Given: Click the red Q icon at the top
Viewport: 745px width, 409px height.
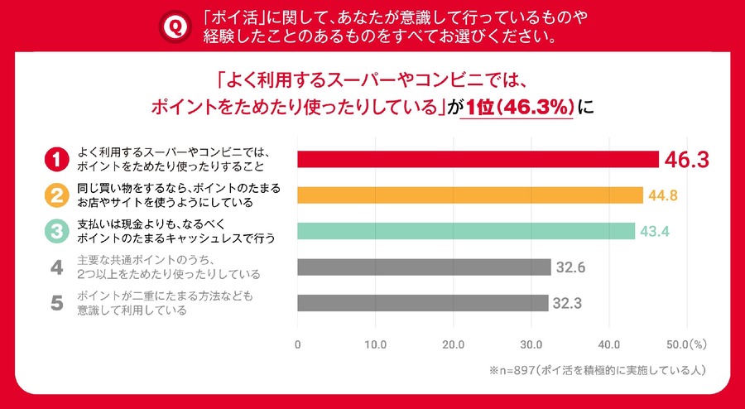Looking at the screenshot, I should pos(175,27).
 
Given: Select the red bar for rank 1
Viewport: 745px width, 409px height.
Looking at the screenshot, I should pos(478,159).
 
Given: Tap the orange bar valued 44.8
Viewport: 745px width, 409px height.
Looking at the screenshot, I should pos(470,195).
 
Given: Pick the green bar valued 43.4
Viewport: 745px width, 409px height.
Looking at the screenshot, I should pos(466,231).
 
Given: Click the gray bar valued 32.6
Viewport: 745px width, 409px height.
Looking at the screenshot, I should pos(424,267).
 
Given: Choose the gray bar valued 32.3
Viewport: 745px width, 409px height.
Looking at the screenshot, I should pos(422,303).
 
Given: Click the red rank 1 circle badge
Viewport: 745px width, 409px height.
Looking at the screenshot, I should pos(56,159).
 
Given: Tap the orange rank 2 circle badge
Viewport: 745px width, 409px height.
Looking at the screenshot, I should pos(56,195).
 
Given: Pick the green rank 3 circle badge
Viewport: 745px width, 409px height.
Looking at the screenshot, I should pos(56,232).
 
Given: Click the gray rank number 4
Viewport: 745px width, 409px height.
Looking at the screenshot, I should pos(56,267).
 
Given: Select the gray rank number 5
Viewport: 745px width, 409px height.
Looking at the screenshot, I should pos(56,303).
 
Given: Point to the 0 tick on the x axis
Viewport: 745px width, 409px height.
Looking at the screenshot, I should pos(298,344).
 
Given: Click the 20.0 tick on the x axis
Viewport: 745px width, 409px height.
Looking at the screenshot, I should pos(454,344).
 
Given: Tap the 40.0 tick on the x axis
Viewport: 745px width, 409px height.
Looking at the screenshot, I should pos(609,344).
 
